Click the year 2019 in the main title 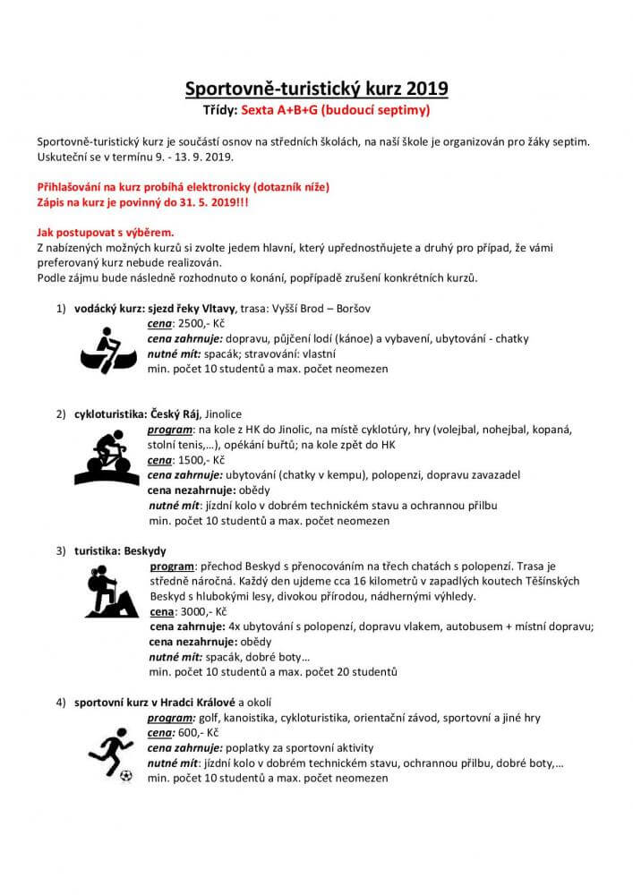coord(426,89)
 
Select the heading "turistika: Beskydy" coord(120,550)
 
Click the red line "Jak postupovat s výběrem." coord(105,232)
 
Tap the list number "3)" coord(62,550)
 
